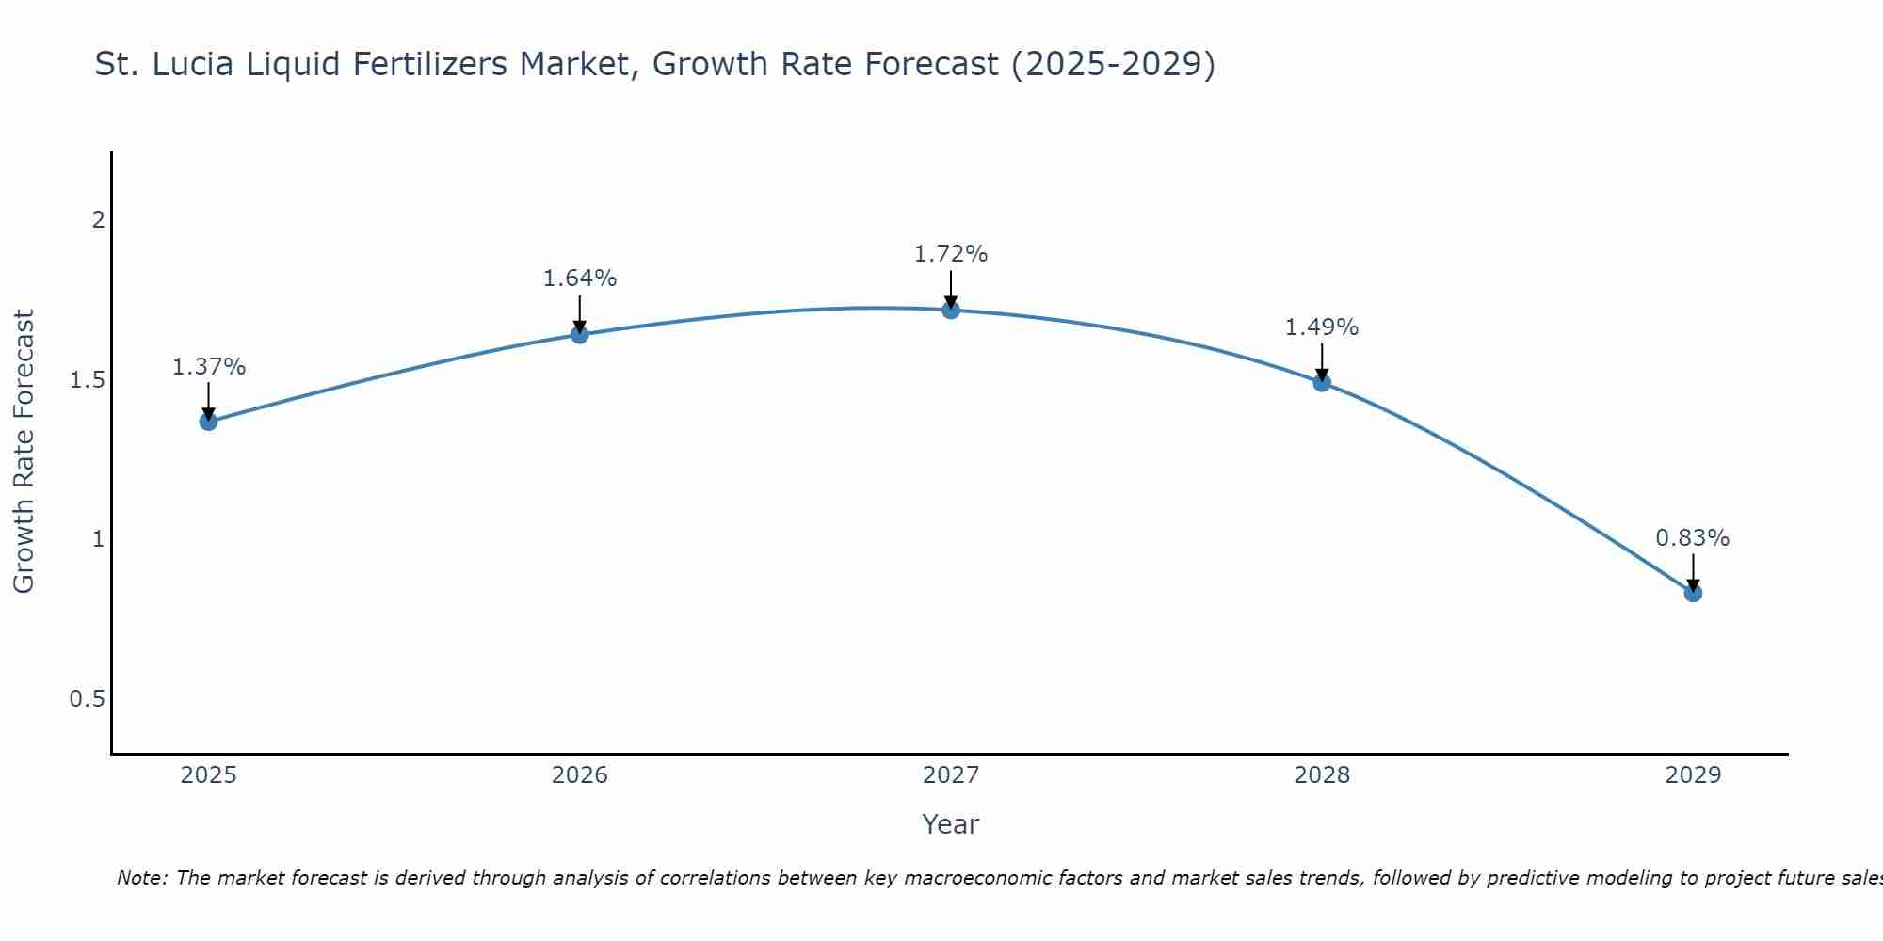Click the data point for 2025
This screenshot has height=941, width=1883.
(208, 421)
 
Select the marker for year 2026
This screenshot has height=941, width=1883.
(579, 334)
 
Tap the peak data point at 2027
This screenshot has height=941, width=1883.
(951, 310)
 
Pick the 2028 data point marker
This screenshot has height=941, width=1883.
(1322, 382)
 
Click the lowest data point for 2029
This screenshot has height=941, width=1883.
(1693, 593)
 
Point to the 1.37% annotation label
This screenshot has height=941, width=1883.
(208, 367)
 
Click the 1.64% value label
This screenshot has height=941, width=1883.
(579, 279)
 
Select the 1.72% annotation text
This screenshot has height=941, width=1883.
(951, 254)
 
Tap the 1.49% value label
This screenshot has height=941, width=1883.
(1322, 327)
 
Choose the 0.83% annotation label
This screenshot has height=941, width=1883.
(1693, 538)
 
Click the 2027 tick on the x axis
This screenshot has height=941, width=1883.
(951, 775)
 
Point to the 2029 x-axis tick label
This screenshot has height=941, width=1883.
(1693, 775)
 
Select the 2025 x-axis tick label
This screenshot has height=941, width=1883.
(208, 775)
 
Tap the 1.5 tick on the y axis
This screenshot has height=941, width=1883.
(87, 380)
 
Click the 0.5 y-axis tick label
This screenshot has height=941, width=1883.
(87, 699)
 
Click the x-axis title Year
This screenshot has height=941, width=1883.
(950, 824)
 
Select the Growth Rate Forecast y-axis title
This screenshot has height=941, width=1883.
(24, 451)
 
